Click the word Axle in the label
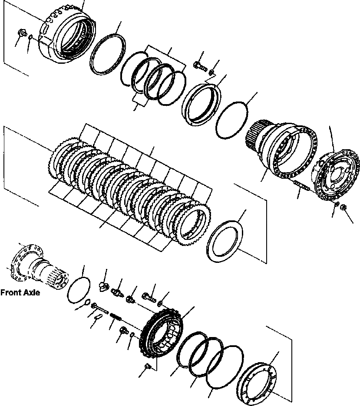pyautogui.click(x=30, y=293)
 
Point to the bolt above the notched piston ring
pyautogui.click(x=198, y=65)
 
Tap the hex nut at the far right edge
pyautogui.click(x=344, y=208)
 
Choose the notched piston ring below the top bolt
pyautogui.click(x=202, y=105)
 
